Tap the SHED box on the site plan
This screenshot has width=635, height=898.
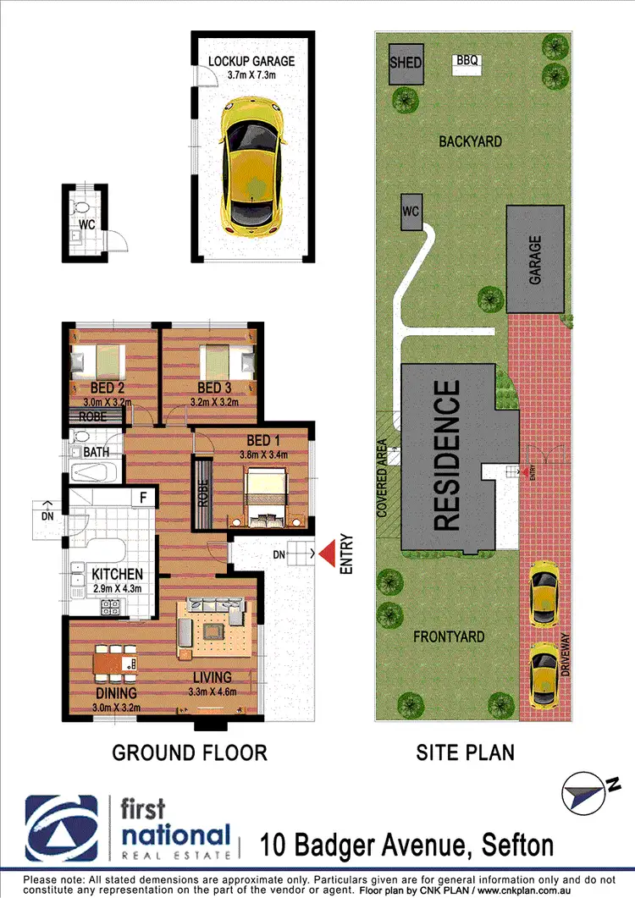[x=406, y=64]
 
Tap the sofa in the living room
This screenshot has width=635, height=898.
[x=216, y=605]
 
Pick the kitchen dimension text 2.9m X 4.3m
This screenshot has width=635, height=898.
[x=118, y=589]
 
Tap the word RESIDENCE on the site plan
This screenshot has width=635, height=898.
[x=448, y=455]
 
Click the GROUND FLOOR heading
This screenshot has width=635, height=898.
[x=190, y=752]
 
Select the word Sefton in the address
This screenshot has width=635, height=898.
[x=517, y=844]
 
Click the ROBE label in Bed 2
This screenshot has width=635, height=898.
[x=93, y=416]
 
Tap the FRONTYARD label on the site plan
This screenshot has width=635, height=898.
[x=450, y=636]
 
